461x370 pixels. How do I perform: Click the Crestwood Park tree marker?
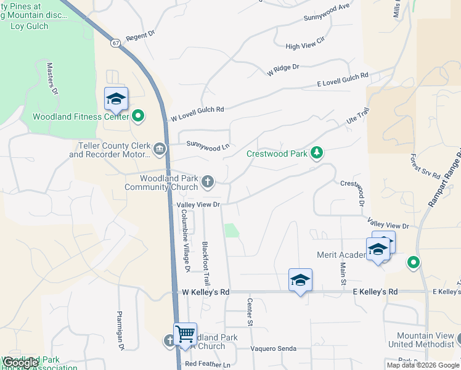pyautogui.click(x=316, y=152)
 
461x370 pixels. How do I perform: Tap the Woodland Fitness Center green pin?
pyautogui.click(x=138, y=115)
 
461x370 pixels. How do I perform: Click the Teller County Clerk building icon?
pyautogui.click(x=160, y=148)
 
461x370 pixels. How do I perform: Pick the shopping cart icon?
pyautogui.click(x=185, y=334)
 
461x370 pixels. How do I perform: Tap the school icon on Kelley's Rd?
pyautogui.click(x=300, y=280)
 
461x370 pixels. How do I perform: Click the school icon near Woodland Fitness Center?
pyautogui.click(x=116, y=99)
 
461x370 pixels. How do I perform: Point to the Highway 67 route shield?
pyautogui.click(x=116, y=43)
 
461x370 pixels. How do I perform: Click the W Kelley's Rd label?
pyautogui.click(x=206, y=292)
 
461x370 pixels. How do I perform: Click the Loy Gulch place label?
pyautogui.click(x=29, y=27)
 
